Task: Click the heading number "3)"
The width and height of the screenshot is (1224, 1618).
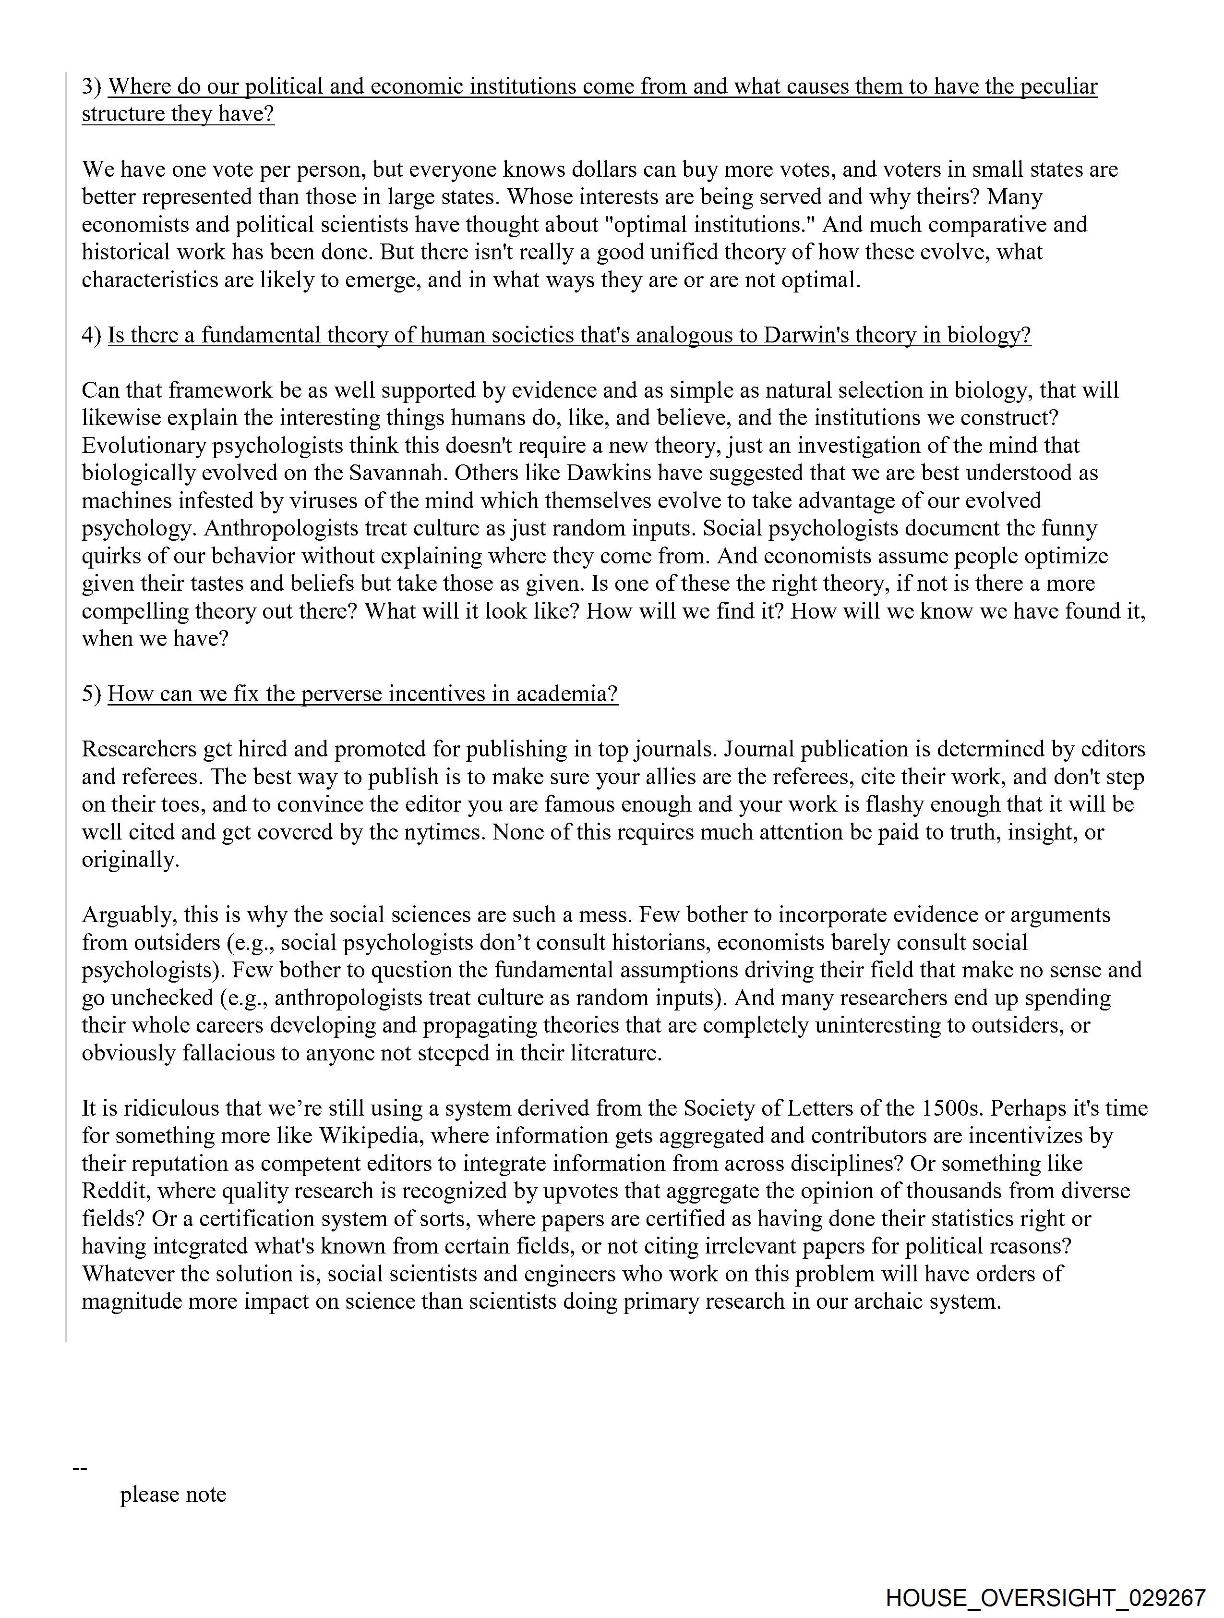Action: (92, 86)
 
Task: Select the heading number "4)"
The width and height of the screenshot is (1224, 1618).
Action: (92, 335)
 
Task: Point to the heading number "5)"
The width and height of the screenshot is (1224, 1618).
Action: (92, 693)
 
